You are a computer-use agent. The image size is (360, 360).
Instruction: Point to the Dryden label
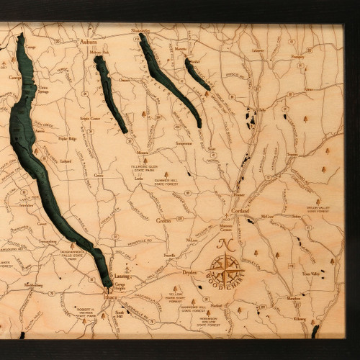(x=189, y=273)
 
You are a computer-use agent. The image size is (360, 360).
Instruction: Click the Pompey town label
(x=296, y=55)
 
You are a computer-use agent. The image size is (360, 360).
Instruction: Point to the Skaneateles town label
(x=141, y=31)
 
